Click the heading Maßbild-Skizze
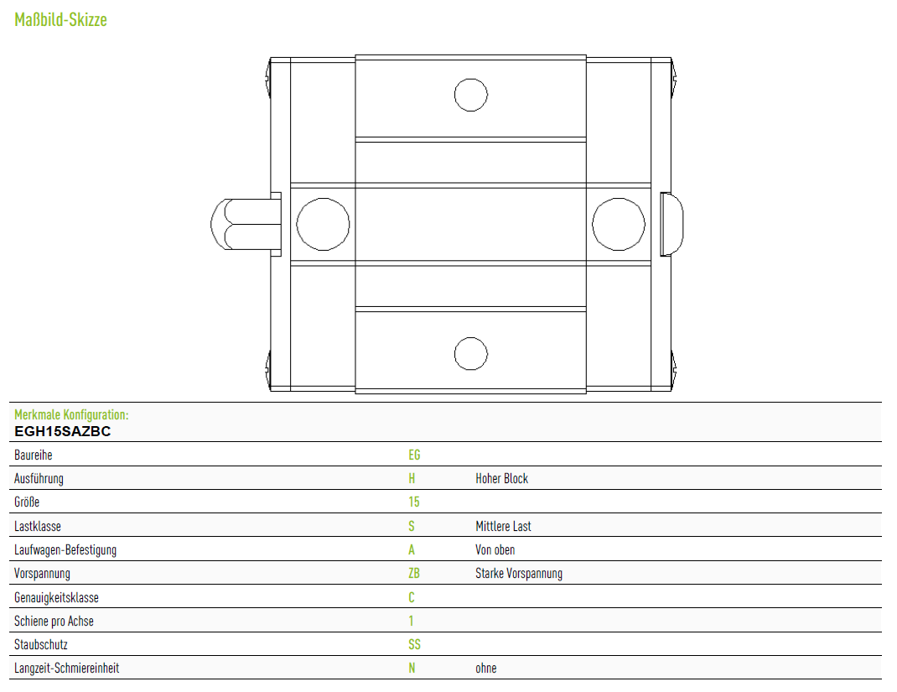click(60, 20)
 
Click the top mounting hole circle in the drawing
click(471, 78)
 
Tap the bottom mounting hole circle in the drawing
click(471, 337)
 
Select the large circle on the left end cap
click(323, 198)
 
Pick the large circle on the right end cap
click(619, 198)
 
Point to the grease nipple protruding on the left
click(246, 224)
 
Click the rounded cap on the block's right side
click(671, 224)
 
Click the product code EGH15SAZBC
click(62, 432)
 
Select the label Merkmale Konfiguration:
click(71, 414)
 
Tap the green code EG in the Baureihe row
click(414, 455)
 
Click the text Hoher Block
click(501, 478)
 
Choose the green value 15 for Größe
click(413, 502)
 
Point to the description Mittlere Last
click(503, 526)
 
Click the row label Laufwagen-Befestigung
click(65, 550)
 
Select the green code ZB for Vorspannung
click(413, 573)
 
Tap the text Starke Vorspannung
click(519, 574)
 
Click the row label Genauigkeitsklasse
click(57, 597)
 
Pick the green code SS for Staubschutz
click(414, 644)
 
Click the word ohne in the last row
click(485, 668)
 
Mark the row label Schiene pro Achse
click(54, 621)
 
